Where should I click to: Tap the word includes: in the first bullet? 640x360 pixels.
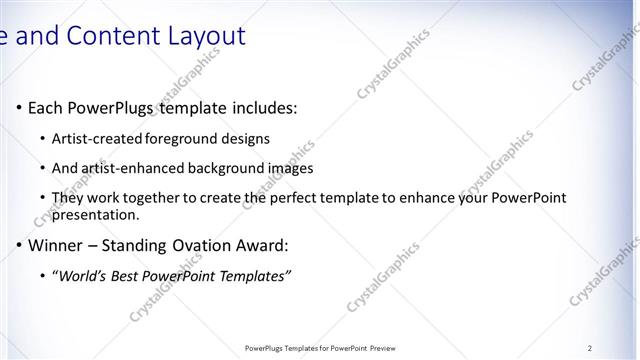258,107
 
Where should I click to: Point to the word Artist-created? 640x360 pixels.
98,139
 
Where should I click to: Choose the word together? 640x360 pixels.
151,199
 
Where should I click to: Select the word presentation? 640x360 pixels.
95,215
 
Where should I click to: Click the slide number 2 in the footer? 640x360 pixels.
590,347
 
